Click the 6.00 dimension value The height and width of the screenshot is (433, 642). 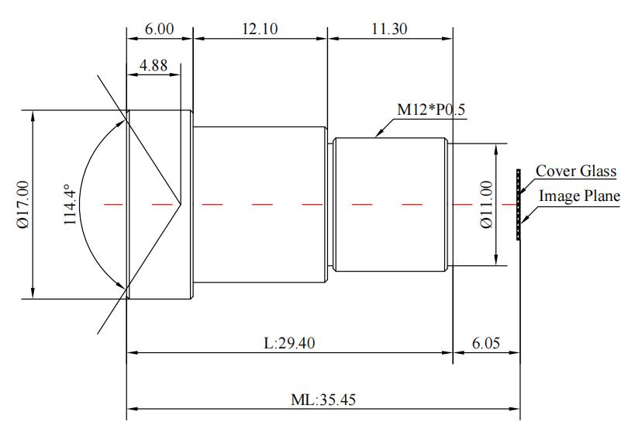[159, 29]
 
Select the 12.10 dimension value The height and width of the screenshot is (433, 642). [260, 29]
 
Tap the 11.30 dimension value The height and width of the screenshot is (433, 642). [389, 29]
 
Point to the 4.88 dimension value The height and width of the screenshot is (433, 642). [154, 65]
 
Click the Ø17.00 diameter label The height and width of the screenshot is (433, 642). [23, 204]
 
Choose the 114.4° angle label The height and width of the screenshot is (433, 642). [70, 204]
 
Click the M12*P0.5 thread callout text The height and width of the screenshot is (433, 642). [431, 109]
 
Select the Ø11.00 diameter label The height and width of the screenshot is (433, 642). [486, 204]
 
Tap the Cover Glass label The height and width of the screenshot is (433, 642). [576, 171]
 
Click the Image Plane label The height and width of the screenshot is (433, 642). [579, 196]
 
